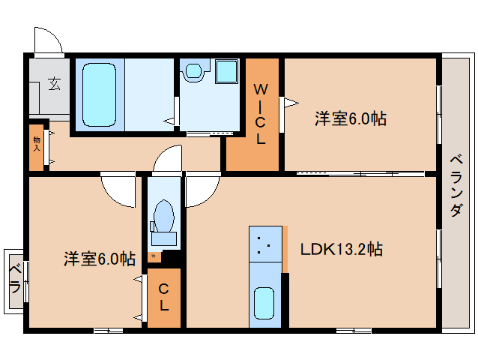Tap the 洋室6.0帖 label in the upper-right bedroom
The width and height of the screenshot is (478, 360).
pyautogui.click(x=350, y=118)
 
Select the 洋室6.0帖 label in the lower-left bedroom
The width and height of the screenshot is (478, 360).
pyautogui.click(x=99, y=259)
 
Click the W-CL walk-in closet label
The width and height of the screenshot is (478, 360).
pyautogui.click(x=261, y=113)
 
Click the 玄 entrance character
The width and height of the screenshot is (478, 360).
pyautogui.click(x=55, y=83)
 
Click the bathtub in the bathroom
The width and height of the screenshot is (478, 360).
pyautogui.click(x=99, y=94)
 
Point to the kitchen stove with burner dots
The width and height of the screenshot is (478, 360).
pyautogui.click(x=264, y=245)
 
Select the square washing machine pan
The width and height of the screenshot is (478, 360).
pyautogui.click(x=226, y=73)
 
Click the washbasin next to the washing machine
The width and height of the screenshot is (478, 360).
pyautogui.click(x=194, y=72)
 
